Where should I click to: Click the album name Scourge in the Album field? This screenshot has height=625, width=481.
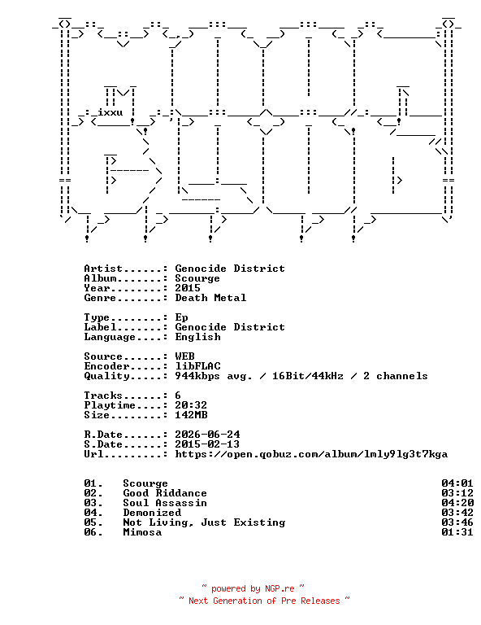click(197, 278)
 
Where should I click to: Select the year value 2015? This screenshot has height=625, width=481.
click(188, 288)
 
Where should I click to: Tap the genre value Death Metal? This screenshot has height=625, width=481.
click(210, 298)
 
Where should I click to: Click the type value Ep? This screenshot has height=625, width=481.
click(181, 317)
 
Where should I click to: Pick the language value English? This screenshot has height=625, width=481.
click(197, 337)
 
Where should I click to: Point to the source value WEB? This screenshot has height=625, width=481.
click(184, 356)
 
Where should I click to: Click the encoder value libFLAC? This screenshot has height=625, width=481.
click(197, 366)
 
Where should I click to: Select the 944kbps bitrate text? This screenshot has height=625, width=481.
click(197, 376)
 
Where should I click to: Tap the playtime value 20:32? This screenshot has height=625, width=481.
click(191, 405)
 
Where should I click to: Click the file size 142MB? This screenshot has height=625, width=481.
click(191, 415)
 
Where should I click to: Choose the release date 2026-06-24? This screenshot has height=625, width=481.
click(207, 435)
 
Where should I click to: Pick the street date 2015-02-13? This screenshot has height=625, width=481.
click(207, 444)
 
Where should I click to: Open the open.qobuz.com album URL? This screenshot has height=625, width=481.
click(311, 454)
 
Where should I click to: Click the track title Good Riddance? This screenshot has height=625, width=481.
click(165, 493)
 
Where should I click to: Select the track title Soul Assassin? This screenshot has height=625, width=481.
click(165, 503)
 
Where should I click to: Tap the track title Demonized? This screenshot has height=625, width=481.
click(152, 513)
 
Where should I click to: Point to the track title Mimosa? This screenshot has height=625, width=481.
click(142, 532)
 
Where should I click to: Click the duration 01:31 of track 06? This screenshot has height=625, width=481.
click(457, 532)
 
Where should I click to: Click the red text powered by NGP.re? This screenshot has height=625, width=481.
click(253, 588)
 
